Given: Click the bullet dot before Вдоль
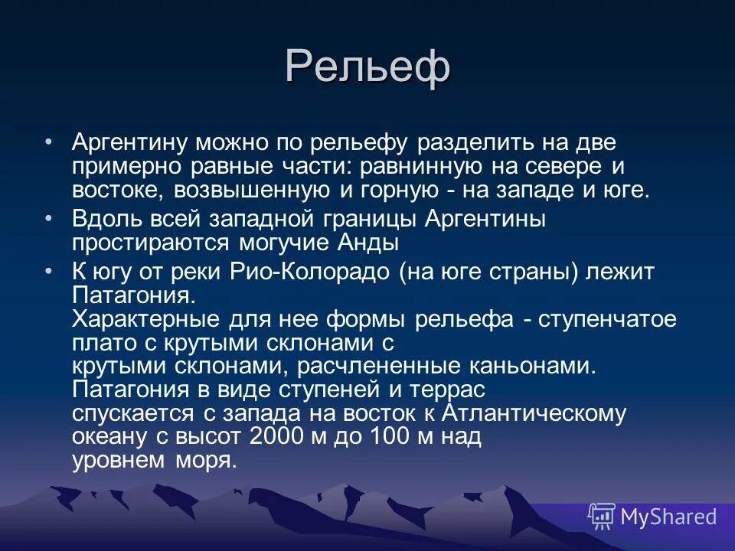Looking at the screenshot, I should click(49, 218).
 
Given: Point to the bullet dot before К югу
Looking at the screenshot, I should click(49, 272).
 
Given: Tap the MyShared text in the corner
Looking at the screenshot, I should click(668, 517).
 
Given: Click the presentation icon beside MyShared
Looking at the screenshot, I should click(601, 517).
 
